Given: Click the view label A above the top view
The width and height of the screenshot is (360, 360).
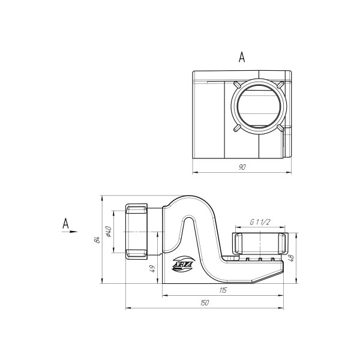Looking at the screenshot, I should coord(242,57).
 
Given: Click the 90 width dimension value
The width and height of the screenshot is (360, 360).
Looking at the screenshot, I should coord(242,167).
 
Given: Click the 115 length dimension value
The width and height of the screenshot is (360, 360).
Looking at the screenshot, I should coord(223,290).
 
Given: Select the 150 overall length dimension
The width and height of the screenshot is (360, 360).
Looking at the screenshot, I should coord(204,303).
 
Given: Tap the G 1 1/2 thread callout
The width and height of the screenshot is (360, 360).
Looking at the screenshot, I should coord(259,222).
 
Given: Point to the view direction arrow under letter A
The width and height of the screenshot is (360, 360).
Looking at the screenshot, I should coord(71,231).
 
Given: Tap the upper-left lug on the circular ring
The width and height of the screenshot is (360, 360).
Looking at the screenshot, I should coord(236,84).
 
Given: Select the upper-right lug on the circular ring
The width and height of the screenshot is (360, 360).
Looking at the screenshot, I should coord(279,84).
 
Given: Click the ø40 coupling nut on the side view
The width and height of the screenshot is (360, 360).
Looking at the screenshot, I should coord(137,231).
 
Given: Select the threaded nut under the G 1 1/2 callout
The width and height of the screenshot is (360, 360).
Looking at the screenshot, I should coord(258,244).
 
